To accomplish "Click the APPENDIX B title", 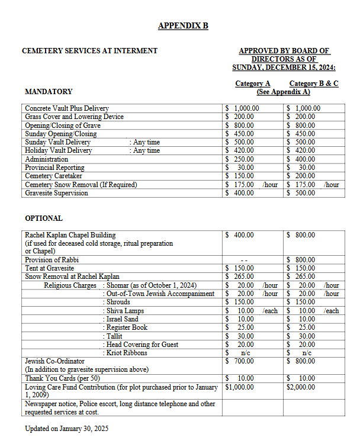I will [x=183, y=26].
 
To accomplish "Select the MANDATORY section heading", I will [x=49, y=92].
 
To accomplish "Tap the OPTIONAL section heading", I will [x=44, y=218].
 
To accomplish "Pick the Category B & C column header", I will [x=314, y=83].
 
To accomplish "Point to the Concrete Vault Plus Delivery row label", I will [x=67, y=108].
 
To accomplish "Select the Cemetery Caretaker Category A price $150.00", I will [x=241, y=176].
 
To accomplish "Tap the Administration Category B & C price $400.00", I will [x=301, y=159].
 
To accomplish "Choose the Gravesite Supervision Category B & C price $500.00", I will [x=301, y=193].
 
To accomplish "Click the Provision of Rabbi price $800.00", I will [x=301, y=259].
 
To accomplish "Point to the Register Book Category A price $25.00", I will [x=241, y=327].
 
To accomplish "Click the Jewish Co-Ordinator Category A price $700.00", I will [x=241, y=361].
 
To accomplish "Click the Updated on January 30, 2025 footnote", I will [x=66, y=428].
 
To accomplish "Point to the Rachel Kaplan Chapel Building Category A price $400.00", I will [x=241, y=235].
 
